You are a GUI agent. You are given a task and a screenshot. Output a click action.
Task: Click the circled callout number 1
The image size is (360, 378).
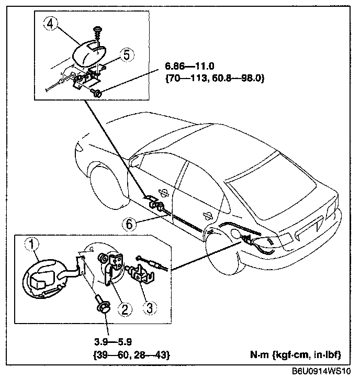coord(33,243)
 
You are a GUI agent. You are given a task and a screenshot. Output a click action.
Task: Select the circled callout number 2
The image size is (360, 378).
coord(125,309)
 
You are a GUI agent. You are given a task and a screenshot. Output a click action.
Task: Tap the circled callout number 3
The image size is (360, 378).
coord(149,307)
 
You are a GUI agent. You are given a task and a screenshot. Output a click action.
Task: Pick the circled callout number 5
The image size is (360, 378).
coord(125,54)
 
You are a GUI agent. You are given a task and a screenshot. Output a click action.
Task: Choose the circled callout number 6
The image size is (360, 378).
coord(128,224)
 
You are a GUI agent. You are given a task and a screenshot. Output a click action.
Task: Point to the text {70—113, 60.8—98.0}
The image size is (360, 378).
coord(215,79)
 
